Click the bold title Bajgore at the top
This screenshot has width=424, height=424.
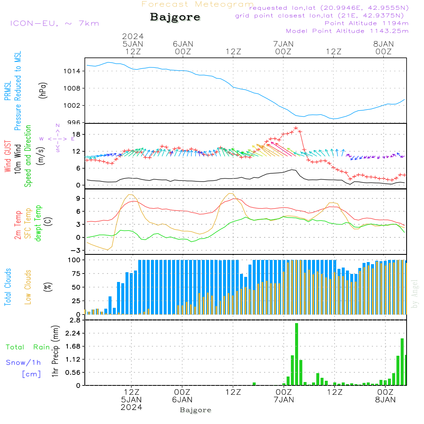175,17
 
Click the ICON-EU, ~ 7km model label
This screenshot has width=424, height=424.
55,23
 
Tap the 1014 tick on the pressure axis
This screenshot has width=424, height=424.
72,71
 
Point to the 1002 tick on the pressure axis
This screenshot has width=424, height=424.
72,106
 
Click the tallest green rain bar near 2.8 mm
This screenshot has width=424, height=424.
296,354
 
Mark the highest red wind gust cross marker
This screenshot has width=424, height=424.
296,128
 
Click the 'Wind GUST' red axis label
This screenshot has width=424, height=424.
8,156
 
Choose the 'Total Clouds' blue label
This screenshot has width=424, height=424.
8,287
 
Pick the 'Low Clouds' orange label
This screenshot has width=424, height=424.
28,287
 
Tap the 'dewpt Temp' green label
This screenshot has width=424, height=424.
38,223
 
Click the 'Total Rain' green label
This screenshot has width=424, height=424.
28,347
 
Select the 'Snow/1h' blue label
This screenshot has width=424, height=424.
23,363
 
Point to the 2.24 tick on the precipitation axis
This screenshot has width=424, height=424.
73,333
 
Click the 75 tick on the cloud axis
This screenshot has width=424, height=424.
76,273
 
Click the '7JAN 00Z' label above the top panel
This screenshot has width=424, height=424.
283,47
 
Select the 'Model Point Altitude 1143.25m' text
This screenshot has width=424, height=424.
347,31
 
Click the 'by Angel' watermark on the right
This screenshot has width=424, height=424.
415,294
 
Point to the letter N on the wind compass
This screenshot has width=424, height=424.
58,126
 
